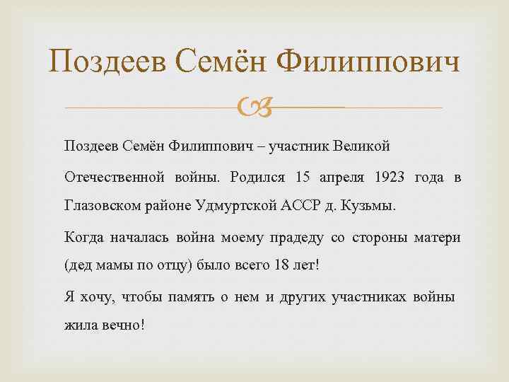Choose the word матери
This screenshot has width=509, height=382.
[437, 237]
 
